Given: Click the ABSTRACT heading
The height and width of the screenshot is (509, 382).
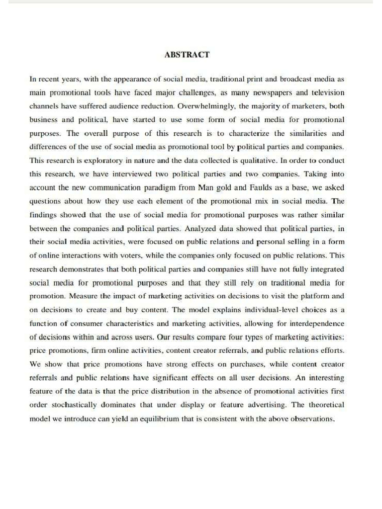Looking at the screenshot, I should pos(187,55).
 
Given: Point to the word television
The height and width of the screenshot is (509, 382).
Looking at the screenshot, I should pos(327,93).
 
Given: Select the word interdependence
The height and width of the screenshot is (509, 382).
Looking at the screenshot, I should pos(315,323).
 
